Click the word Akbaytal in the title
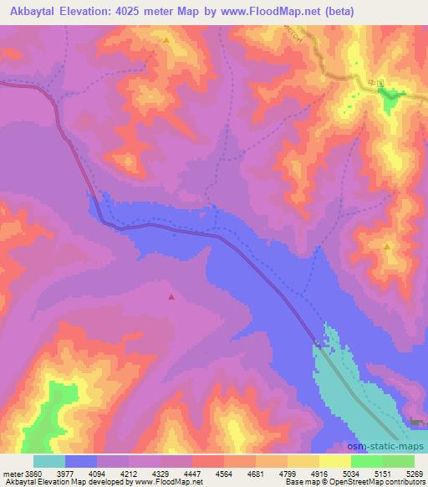click(x=35, y=12)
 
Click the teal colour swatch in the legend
click(x=49, y=461)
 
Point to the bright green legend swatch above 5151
click(x=366, y=461)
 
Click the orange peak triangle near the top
click(x=166, y=40)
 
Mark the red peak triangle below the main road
click(x=171, y=295)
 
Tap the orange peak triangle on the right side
click(x=387, y=247)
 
